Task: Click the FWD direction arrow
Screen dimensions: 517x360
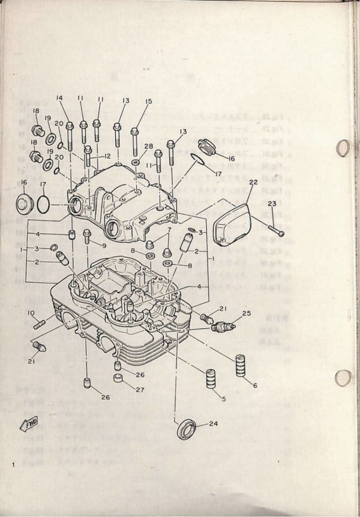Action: pyautogui.click(x=29, y=425)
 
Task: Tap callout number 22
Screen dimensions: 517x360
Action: pyautogui.click(x=253, y=182)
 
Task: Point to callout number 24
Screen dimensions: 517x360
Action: pyautogui.click(x=214, y=424)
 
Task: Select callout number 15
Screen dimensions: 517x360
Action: pyautogui.click(x=149, y=101)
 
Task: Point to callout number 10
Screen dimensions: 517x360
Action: pyautogui.click(x=30, y=312)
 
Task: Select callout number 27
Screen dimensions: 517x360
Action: pyautogui.click(x=139, y=390)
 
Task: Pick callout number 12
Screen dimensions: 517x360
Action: pyautogui.click(x=107, y=156)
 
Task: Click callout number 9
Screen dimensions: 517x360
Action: pyautogui.click(x=103, y=246)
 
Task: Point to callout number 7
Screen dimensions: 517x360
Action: pyautogui.click(x=170, y=229)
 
